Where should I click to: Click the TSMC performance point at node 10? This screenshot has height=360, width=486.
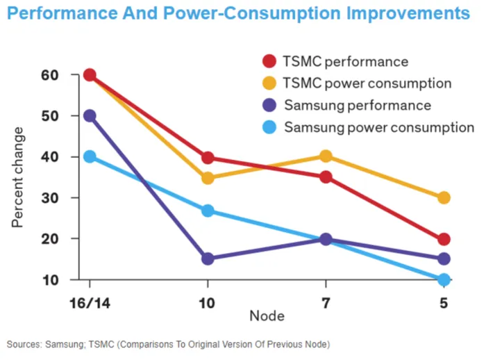tap(208, 158)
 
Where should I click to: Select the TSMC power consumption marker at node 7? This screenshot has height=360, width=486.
tap(326, 156)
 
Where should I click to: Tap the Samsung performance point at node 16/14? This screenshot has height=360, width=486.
tap(90, 116)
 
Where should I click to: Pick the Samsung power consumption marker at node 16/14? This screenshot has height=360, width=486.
tap(90, 156)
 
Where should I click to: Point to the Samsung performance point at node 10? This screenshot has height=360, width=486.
tap(208, 259)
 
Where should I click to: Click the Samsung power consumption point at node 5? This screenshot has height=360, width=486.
tap(444, 279)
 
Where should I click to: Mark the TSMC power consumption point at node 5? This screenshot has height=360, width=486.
tap(444, 197)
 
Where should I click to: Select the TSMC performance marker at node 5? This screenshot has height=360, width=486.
tap(444, 239)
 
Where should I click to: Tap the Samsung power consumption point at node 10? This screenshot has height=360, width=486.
tap(208, 211)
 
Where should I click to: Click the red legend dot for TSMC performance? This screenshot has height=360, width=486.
tap(269, 61)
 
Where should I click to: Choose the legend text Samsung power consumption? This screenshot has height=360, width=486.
tap(379, 127)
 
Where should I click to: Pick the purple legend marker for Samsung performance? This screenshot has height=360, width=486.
tap(269, 105)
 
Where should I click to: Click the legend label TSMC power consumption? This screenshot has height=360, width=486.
tap(367, 83)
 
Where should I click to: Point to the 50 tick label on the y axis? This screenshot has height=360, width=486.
tap(50, 116)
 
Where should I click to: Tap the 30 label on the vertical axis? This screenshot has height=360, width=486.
tap(50, 198)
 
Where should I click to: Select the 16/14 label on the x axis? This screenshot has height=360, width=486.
tap(90, 303)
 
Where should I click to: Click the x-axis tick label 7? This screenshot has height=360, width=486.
tap(326, 303)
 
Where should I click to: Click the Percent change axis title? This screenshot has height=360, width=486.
tap(17, 177)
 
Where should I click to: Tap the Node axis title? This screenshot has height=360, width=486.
tap(267, 316)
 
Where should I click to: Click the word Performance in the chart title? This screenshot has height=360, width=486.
tap(62, 13)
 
